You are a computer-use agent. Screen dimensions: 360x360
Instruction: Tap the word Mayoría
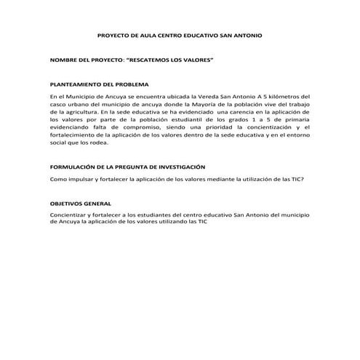(203, 104)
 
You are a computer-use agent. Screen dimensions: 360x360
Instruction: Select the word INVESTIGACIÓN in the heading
(177, 167)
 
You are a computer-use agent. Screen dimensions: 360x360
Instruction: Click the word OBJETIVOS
(68, 204)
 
